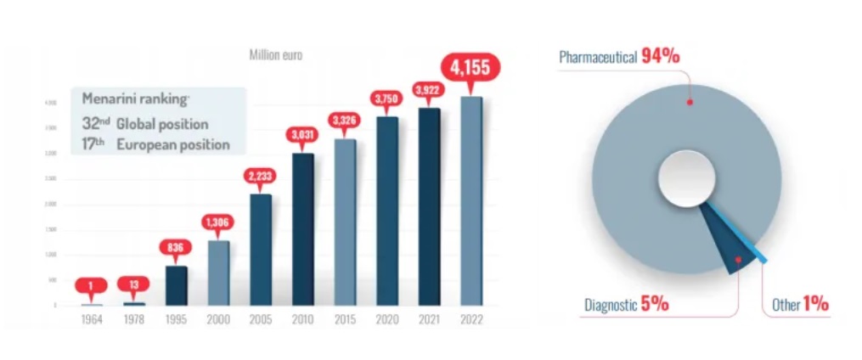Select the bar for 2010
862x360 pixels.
click(x=302, y=228)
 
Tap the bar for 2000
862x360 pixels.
click(x=218, y=272)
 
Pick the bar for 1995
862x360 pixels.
click(x=177, y=284)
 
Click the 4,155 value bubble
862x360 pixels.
click(x=470, y=67)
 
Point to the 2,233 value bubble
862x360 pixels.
click(x=260, y=176)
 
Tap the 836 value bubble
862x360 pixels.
click(x=177, y=248)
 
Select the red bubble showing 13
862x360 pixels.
click(x=134, y=284)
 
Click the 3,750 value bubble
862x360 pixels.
click(x=386, y=98)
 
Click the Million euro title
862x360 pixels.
click(x=275, y=55)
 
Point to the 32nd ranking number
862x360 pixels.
click(x=97, y=123)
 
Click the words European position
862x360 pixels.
click(x=173, y=144)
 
